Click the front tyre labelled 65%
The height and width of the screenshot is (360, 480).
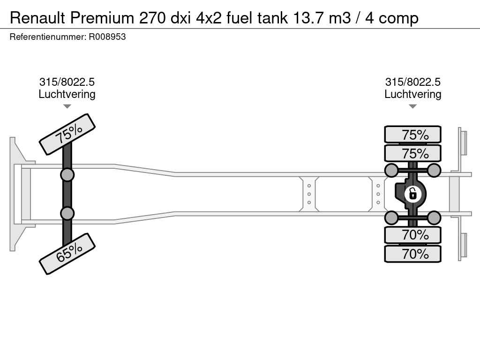click(67, 254)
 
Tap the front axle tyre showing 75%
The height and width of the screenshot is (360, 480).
click(67, 134)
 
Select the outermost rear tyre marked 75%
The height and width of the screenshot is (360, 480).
click(412, 134)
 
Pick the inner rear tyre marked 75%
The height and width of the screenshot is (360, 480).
click(412, 153)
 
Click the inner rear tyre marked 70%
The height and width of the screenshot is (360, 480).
click(412, 235)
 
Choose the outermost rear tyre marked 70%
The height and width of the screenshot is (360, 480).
click(412, 254)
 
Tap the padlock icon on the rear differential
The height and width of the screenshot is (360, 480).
click(412, 194)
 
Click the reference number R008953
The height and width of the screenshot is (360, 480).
click(107, 37)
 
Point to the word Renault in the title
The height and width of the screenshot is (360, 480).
click(37, 18)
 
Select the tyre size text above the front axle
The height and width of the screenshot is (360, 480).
click(67, 82)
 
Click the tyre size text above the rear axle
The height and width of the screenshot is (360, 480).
click(412, 82)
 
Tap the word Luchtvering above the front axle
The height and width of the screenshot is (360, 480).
click(67, 94)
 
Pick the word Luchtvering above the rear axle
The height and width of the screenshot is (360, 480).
click(412, 94)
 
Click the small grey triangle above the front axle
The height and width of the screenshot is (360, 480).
click(67, 106)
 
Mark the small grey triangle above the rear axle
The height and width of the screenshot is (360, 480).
click(412, 106)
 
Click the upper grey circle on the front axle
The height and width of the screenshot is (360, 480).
click(67, 175)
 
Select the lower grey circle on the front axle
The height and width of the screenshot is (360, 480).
click(67, 213)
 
